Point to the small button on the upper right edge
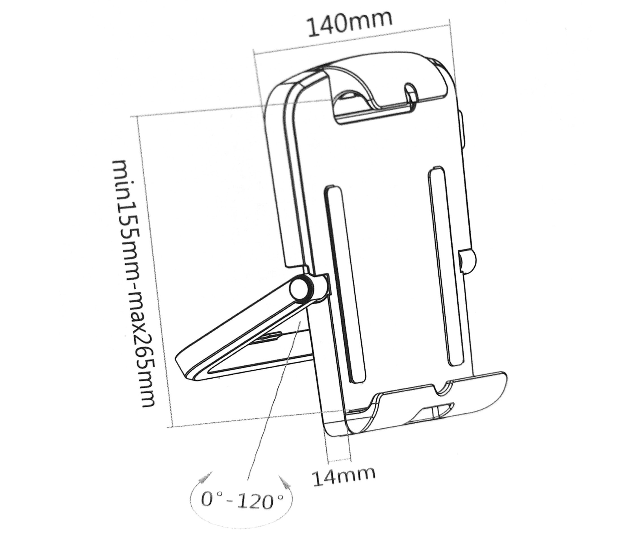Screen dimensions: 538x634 (x=461, y=131)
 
